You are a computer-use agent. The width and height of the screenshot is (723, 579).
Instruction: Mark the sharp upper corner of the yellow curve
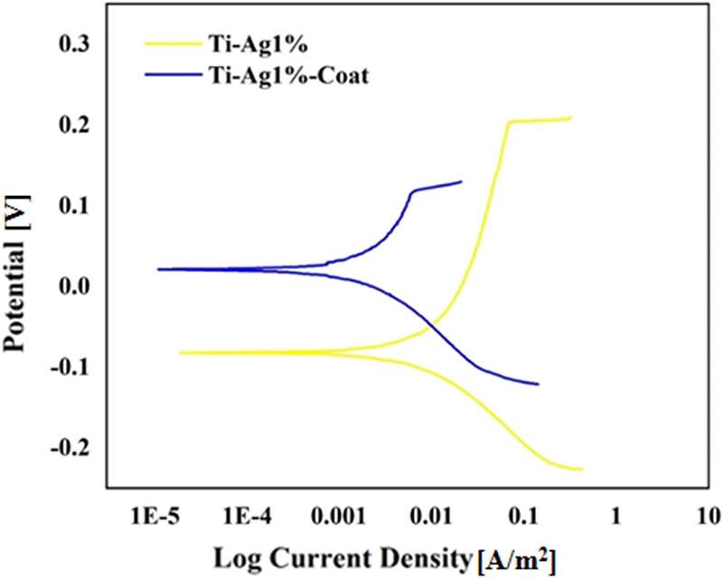coord(509,122)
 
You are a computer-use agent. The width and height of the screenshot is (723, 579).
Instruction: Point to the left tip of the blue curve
coord(158,269)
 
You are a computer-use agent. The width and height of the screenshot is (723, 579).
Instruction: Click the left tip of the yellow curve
coord(180,352)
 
